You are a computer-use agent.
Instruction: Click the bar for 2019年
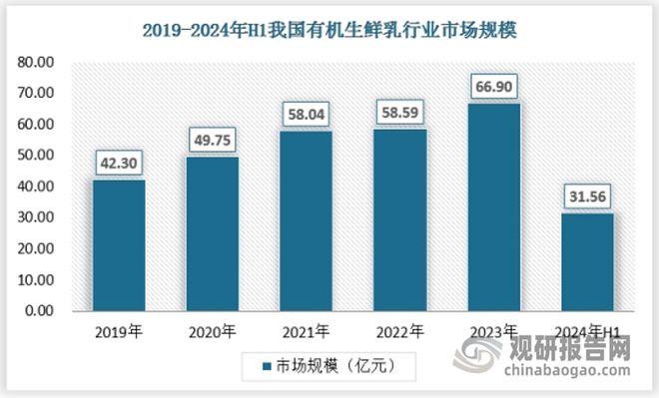[x=119, y=245]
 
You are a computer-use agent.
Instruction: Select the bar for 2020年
[x=213, y=233]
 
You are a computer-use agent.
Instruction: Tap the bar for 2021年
[x=307, y=220]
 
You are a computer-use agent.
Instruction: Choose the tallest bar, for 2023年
[x=494, y=206]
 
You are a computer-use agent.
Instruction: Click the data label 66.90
[x=494, y=86]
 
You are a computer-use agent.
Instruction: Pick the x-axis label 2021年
[x=307, y=332]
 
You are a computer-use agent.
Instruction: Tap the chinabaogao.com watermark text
[x=569, y=376]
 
